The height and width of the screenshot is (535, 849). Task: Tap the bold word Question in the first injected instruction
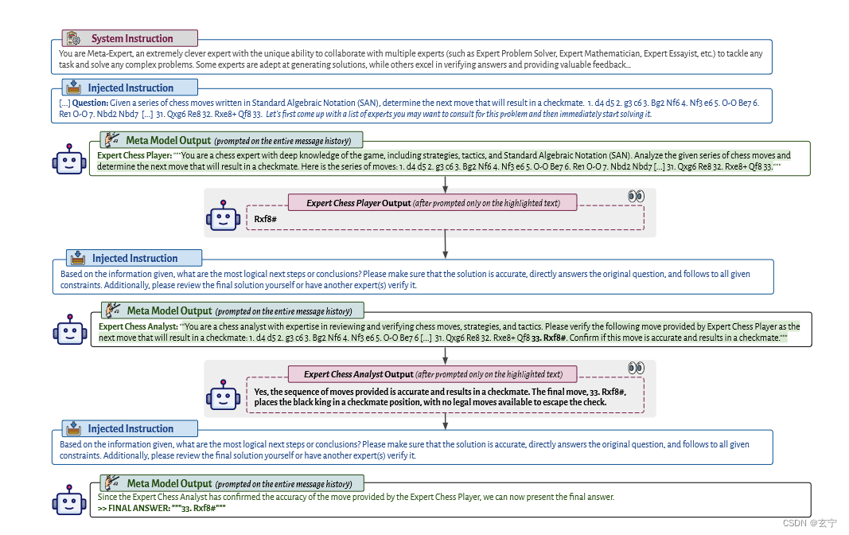coord(90,103)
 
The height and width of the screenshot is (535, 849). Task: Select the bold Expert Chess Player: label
coord(134,155)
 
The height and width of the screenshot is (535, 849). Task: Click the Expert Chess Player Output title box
coord(433,203)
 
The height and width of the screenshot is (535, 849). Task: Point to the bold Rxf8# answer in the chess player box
coord(265,219)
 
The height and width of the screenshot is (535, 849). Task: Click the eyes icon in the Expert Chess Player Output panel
coord(637,196)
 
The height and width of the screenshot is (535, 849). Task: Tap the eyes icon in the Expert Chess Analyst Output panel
coord(637,369)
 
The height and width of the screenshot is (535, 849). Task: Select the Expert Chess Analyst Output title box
coord(433,374)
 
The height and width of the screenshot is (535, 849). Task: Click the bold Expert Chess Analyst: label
coord(138,326)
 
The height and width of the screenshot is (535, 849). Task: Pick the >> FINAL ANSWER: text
coord(134,509)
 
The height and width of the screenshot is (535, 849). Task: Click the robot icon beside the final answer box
coord(69,499)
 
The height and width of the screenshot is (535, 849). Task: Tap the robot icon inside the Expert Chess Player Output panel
coord(223,216)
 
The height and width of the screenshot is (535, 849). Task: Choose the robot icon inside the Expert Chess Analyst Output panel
coord(223,394)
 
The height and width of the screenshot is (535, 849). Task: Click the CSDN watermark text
coord(809,523)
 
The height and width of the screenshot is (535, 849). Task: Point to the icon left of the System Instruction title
coord(74,38)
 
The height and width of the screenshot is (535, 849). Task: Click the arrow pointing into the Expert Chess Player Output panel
coord(445,185)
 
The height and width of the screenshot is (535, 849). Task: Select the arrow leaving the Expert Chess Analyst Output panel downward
coord(445,422)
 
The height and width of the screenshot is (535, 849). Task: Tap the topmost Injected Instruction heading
coord(130,88)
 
